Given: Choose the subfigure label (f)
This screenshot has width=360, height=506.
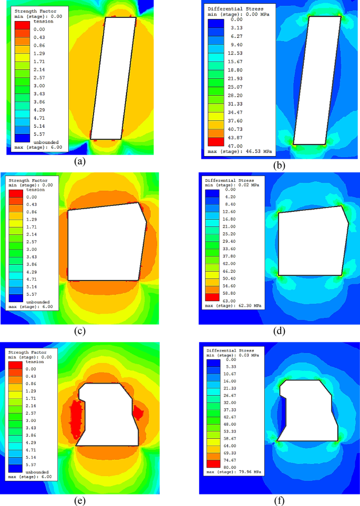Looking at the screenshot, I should [x=279, y=500].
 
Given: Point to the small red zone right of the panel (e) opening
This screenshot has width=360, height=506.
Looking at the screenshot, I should [x=139, y=412].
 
